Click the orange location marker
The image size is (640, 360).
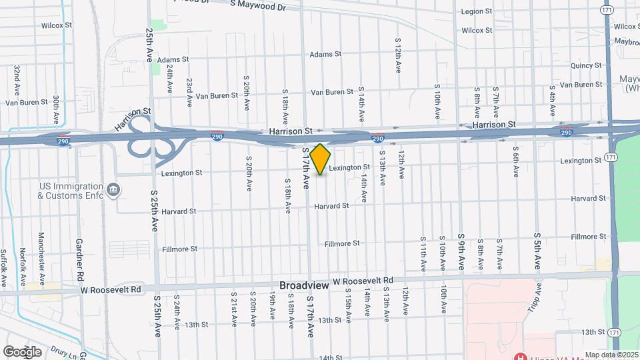point(320,159)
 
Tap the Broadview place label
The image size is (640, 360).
point(303,285)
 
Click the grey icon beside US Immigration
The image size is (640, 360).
point(113,191)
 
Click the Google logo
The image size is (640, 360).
point(22,351)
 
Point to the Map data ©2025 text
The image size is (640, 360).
point(611,355)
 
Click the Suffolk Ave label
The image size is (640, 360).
point(4,264)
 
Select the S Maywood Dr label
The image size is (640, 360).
point(257,6)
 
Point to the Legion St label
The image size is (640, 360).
point(477,11)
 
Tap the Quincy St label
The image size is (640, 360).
point(586,65)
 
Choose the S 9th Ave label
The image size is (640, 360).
point(461,251)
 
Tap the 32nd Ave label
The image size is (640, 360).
point(17,79)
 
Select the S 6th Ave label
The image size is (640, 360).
point(516,165)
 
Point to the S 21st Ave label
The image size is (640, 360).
point(235,308)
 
